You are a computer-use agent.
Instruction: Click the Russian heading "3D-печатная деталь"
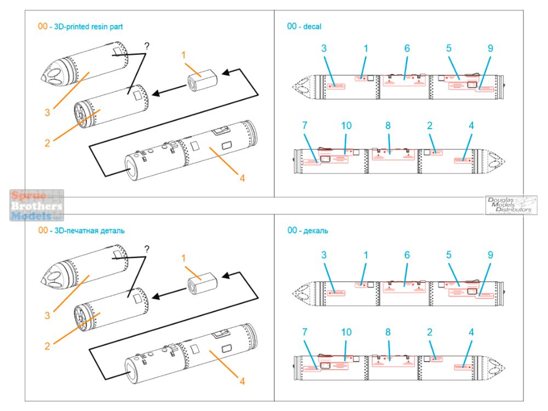(90, 231)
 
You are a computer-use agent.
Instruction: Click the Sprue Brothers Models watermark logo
(37, 206)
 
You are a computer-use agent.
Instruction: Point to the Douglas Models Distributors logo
(511, 205)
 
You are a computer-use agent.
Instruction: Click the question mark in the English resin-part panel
(147, 46)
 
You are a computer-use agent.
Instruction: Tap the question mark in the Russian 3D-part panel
(147, 248)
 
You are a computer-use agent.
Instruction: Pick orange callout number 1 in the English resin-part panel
(185, 55)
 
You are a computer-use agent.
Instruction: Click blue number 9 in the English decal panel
(490, 48)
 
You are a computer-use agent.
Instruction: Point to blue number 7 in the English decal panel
(305, 125)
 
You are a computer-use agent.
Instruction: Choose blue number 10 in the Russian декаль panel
(346, 332)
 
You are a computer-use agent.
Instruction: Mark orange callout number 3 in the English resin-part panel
(48, 112)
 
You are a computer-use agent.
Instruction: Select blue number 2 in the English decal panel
(430, 125)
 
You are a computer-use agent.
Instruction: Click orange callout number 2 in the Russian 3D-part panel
(48, 346)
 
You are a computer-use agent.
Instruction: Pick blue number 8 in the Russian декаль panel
(388, 332)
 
